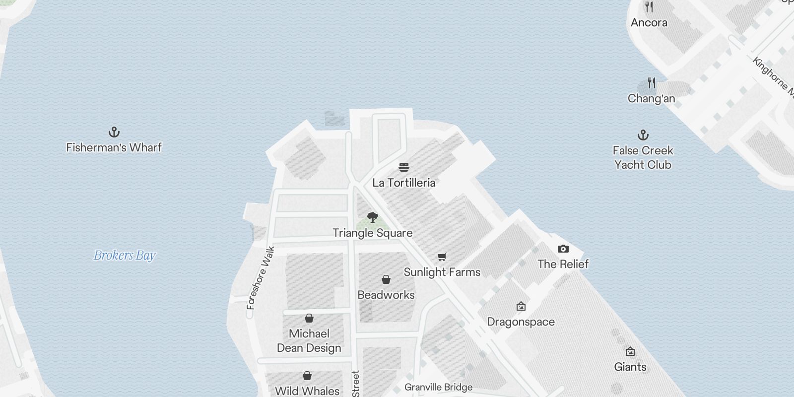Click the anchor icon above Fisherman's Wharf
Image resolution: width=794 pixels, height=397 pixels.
point(114,132)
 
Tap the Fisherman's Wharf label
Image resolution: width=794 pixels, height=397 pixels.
point(114,147)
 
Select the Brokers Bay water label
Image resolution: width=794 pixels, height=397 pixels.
point(125,256)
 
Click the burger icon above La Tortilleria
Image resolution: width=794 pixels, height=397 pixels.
point(404,167)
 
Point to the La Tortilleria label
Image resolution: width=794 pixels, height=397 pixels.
point(404,183)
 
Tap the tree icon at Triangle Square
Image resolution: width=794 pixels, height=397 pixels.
point(373,217)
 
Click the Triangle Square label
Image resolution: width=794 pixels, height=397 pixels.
point(373,233)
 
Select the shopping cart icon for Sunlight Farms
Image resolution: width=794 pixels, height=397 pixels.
point(442,257)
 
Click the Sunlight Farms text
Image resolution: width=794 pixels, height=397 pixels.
point(442,272)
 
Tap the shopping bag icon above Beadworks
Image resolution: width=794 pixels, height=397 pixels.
point(386,279)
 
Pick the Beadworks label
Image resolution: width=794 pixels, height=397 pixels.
point(386,295)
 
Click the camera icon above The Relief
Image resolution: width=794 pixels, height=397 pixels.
point(563,249)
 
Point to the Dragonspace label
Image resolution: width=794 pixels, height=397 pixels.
point(521,322)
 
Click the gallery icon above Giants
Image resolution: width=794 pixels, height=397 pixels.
point(630,352)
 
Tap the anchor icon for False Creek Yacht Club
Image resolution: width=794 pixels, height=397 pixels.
point(643,135)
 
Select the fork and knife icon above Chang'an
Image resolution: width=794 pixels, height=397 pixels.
point(652,83)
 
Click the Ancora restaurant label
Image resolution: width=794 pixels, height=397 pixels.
point(649,22)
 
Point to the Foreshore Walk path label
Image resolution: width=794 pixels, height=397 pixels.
point(261,278)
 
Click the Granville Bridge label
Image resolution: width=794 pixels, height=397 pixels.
point(439,387)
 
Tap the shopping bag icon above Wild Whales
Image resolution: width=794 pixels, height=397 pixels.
point(307,376)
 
